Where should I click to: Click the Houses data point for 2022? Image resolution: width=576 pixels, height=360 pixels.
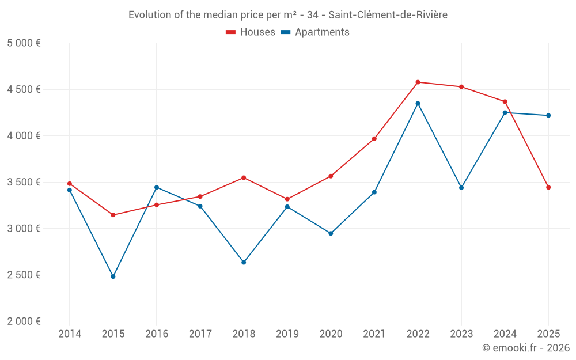click(418, 82)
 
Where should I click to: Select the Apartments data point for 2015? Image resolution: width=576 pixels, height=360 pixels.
click(113, 276)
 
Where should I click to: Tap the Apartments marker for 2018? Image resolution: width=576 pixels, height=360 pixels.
click(244, 262)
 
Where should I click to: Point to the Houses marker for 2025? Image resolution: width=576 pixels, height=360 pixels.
click(548, 187)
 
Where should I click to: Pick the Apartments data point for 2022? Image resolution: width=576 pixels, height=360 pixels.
click(418, 103)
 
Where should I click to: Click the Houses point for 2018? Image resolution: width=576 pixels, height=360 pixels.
click(244, 177)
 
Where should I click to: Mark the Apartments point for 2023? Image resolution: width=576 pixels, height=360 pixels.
click(461, 188)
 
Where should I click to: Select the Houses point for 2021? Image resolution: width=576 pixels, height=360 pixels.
click(374, 138)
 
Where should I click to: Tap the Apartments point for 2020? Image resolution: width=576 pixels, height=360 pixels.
click(331, 233)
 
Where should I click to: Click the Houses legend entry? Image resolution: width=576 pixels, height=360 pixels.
click(251, 32)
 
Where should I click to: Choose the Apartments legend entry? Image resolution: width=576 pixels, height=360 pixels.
click(315, 32)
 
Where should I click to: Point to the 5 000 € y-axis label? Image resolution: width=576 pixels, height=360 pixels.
click(24, 43)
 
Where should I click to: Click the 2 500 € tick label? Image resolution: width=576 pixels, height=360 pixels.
click(24, 275)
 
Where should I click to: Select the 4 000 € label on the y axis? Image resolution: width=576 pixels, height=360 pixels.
click(24, 136)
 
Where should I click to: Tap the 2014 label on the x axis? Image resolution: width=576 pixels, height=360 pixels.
click(70, 334)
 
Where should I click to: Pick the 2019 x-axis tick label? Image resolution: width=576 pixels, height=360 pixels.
click(287, 334)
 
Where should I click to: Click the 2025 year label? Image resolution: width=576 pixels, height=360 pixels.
click(548, 334)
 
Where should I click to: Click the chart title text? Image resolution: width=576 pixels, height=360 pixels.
click(288, 15)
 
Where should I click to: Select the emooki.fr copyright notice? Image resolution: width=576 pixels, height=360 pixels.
click(526, 348)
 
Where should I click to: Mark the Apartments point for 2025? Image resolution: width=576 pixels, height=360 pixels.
click(548, 115)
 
